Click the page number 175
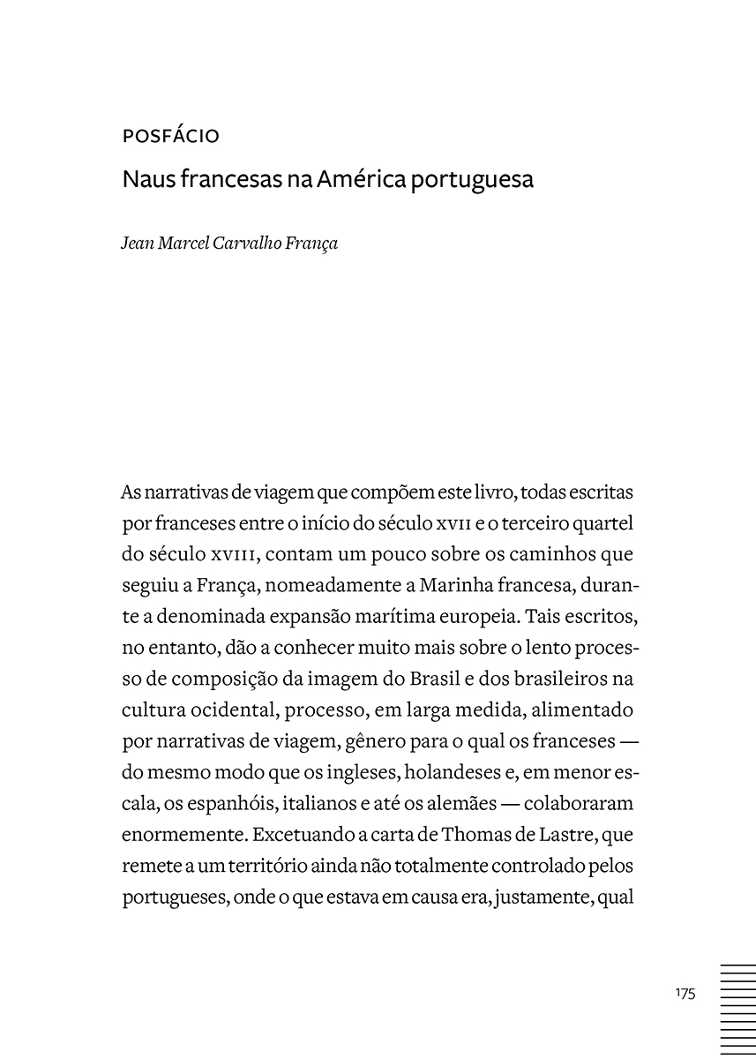point(685,993)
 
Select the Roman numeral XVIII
point(233,555)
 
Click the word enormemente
point(182,835)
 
